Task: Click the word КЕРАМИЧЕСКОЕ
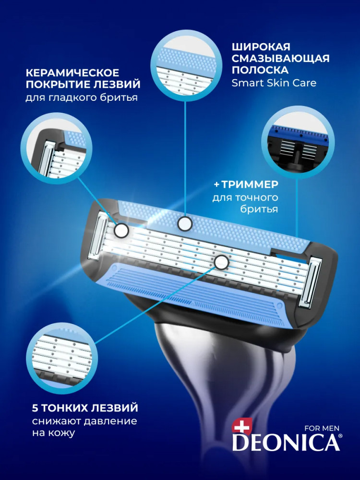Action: coord(72,73)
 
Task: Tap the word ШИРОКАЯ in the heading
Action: coord(261,47)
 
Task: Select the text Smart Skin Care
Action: coord(274,83)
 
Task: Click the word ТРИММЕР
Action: coord(250,184)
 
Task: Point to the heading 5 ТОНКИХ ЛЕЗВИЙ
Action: coord(85,408)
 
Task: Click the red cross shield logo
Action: coord(242,425)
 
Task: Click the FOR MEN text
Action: coord(322,428)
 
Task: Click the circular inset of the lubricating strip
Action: coord(185,66)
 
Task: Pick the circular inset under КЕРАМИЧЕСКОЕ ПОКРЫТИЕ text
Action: coord(56,148)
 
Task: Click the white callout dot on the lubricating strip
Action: coord(185,223)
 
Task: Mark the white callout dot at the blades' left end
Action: coord(121,230)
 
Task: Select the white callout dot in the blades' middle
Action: coord(221,262)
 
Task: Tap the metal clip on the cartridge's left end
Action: coord(98,235)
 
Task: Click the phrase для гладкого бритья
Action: coord(82,97)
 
